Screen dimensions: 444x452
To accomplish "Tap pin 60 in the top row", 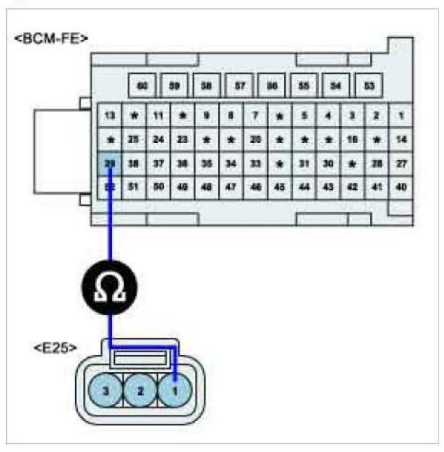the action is click(142, 86).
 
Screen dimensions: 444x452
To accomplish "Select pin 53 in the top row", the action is click(370, 86).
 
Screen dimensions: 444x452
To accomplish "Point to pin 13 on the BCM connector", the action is click(109, 115).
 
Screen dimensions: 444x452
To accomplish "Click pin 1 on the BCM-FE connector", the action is click(401, 115).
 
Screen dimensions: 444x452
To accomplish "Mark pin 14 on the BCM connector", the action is click(401, 140).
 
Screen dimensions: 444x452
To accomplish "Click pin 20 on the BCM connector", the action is click(255, 140).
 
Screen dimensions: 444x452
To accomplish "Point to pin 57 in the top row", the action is click(240, 86).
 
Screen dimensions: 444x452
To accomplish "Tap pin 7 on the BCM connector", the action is click(255, 115).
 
